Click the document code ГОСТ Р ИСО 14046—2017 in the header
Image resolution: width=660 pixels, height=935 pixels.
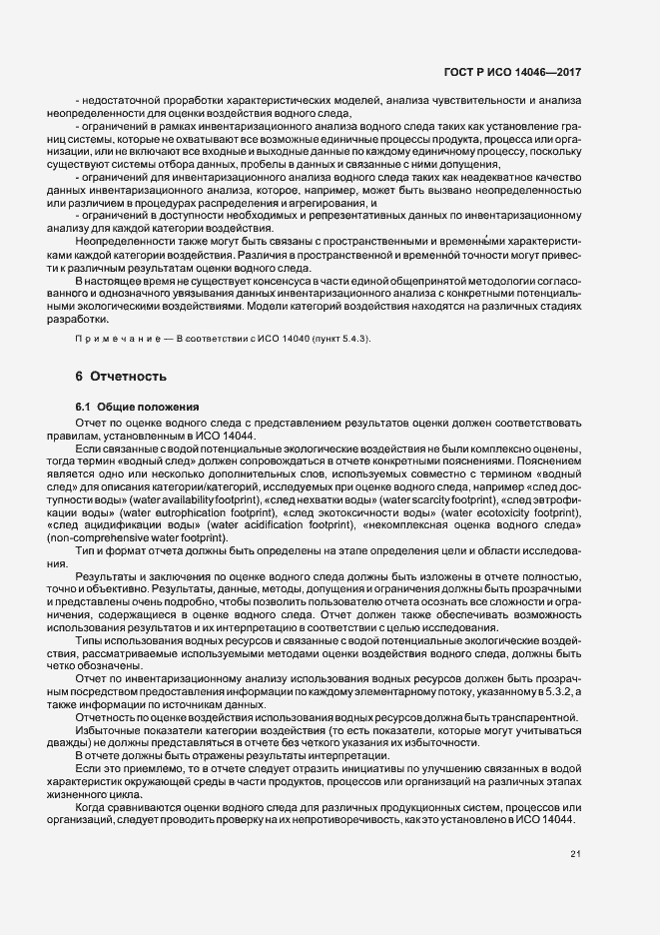512,73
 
